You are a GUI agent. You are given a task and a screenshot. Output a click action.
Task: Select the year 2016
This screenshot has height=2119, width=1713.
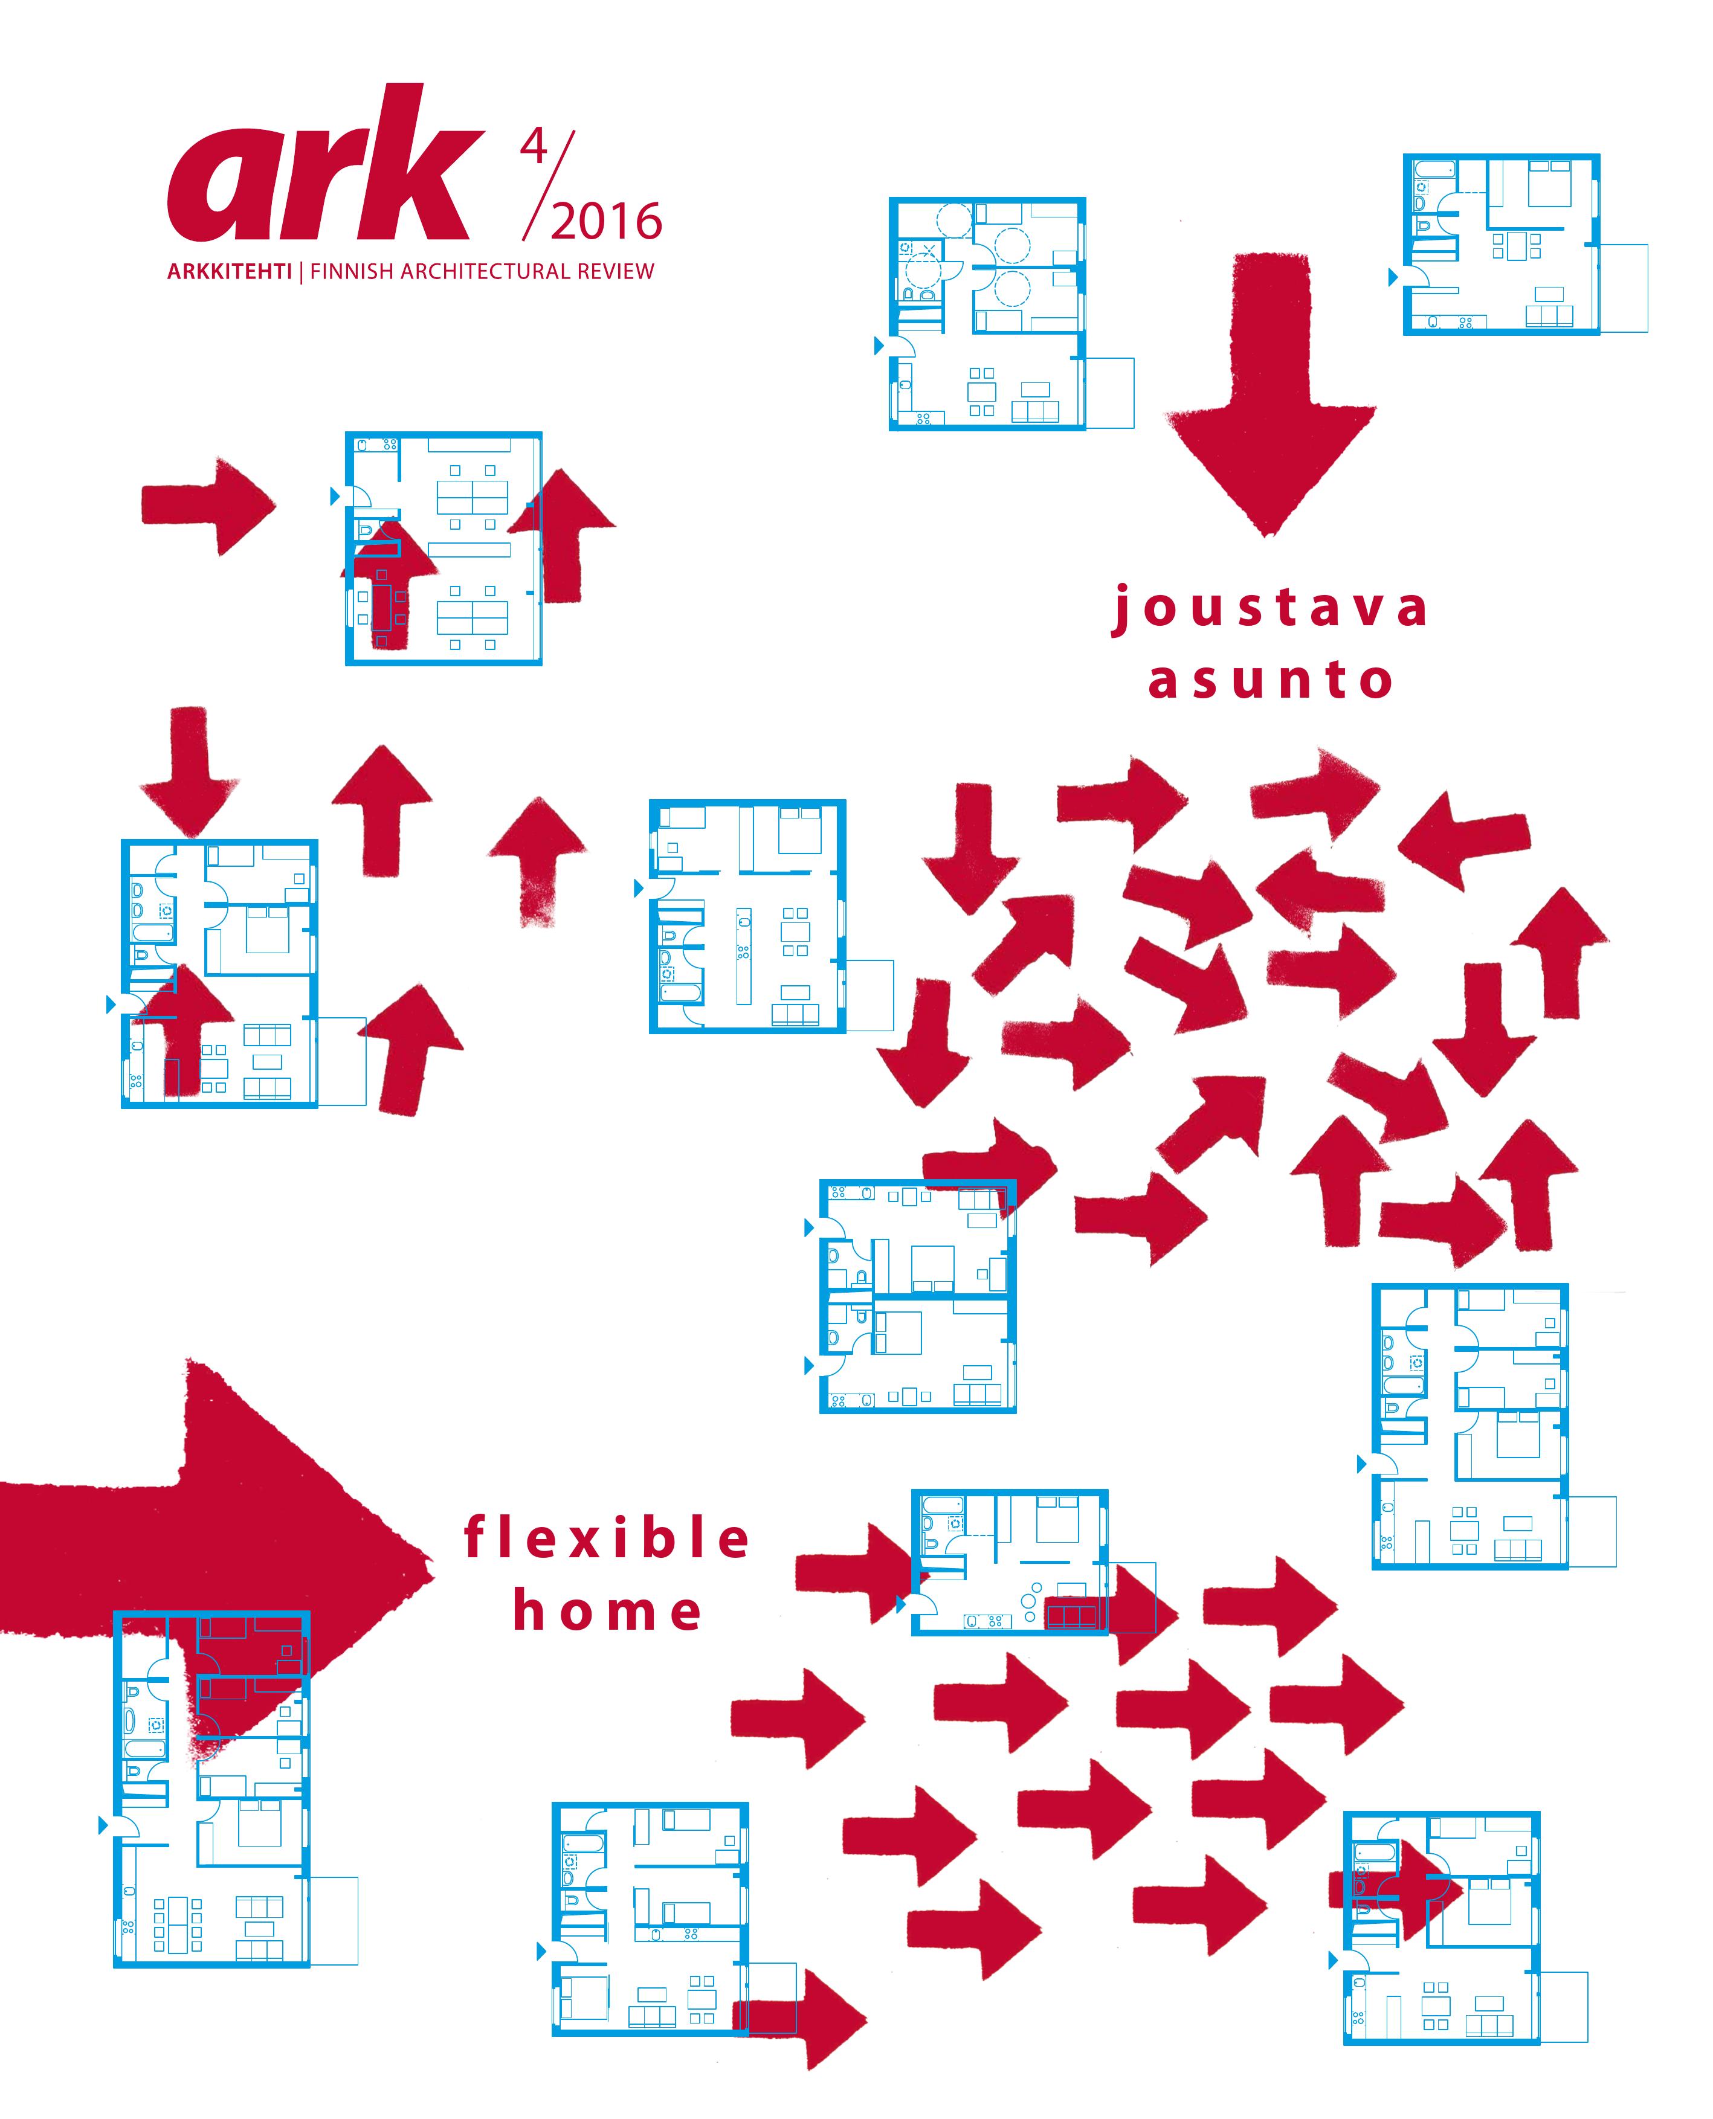pyautogui.click(x=606, y=222)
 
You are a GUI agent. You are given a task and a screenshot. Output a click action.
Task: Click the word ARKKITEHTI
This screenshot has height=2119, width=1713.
pyautogui.click(x=229, y=271)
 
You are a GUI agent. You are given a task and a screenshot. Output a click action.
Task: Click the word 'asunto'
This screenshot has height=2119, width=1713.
pyautogui.click(x=1270, y=681)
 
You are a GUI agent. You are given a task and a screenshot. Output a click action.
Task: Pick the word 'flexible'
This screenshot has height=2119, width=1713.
pyautogui.click(x=607, y=1539)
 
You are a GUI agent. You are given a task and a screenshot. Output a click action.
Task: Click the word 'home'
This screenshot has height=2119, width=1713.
pyautogui.click(x=607, y=1612)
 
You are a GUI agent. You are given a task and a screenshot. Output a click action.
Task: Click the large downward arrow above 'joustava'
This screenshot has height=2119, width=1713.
pyautogui.click(x=1270, y=394)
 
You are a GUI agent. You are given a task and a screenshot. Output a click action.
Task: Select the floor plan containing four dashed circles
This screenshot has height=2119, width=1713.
pyautogui.click(x=987, y=314)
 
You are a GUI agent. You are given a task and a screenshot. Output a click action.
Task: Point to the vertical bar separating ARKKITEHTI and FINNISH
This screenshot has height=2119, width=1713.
pyautogui.click(x=301, y=271)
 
